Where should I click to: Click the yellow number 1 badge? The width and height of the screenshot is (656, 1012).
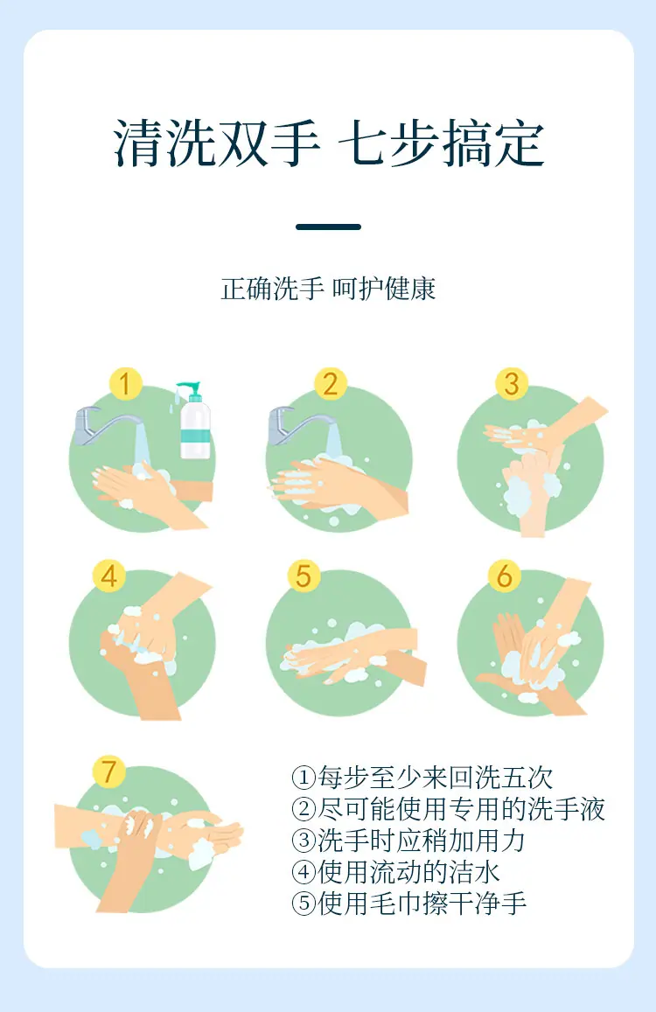pyautogui.click(x=125, y=383)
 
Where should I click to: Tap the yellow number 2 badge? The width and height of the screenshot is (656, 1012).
pyautogui.click(x=331, y=383)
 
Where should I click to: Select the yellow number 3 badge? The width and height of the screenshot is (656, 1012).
pyautogui.click(x=512, y=383)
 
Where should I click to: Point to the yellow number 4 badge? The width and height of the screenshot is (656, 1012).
pyautogui.click(x=109, y=575)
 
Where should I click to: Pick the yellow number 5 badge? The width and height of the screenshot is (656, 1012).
pyautogui.click(x=304, y=575)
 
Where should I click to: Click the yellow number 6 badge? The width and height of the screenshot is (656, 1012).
pyautogui.click(x=505, y=575)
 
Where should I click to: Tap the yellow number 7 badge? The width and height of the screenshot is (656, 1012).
pyautogui.click(x=108, y=771)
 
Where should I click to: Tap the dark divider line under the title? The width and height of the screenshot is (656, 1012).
pyautogui.click(x=328, y=227)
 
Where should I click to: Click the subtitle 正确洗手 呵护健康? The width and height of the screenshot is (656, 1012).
pyautogui.click(x=328, y=289)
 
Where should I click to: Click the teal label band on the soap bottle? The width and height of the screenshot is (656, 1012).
pyautogui.click(x=195, y=432)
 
